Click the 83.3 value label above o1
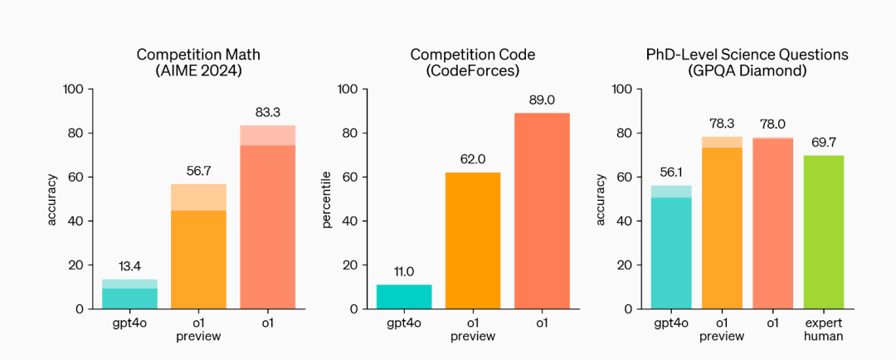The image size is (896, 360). pyautogui.click(x=268, y=112)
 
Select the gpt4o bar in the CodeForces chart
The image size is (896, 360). pyautogui.click(x=404, y=297)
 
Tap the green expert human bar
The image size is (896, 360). pyautogui.click(x=824, y=232)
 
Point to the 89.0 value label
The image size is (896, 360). pyautogui.click(x=542, y=100)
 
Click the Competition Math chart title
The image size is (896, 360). pyautogui.click(x=198, y=63)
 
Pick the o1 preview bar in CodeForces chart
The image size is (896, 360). pyautogui.click(x=473, y=241)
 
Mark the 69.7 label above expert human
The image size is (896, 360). pyautogui.click(x=824, y=142)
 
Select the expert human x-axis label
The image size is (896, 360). pyautogui.click(x=824, y=329)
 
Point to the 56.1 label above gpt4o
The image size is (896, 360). pyautogui.click(x=671, y=172)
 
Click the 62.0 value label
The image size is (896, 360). pyautogui.click(x=473, y=159)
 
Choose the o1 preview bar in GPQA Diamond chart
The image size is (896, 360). pyautogui.click(x=722, y=224)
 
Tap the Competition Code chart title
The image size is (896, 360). pyautogui.click(x=473, y=63)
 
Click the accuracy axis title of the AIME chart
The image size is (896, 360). pyautogui.click(x=53, y=199)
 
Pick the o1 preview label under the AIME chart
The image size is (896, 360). pyautogui.click(x=198, y=329)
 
